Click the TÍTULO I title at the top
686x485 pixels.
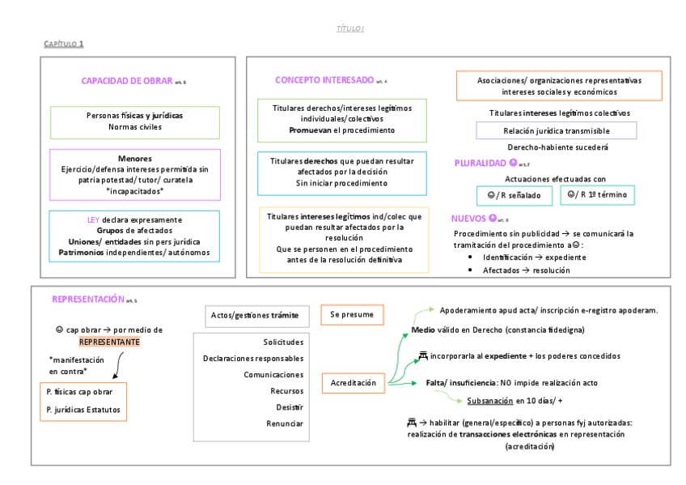tap(350, 29)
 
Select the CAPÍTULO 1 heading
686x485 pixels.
tap(63, 44)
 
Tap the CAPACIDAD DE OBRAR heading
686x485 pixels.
tap(127, 81)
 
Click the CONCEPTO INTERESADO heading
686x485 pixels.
tap(324, 80)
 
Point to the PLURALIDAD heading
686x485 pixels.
tap(481, 164)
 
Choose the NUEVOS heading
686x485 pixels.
tap(469, 219)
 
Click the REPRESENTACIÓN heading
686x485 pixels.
tap(88, 299)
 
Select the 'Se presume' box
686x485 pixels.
tap(352, 315)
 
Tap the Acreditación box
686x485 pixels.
tap(354, 382)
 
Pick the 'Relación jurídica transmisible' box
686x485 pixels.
tap(556, 130)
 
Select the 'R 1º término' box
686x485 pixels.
tap(597, 195)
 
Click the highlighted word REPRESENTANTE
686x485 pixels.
tap(109, 342)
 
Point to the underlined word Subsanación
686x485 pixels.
tap(489, 401)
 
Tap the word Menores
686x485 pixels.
tap(134, 158)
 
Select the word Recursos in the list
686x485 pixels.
tap(286, 391)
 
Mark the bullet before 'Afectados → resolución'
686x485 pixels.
tap(471, 270)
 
